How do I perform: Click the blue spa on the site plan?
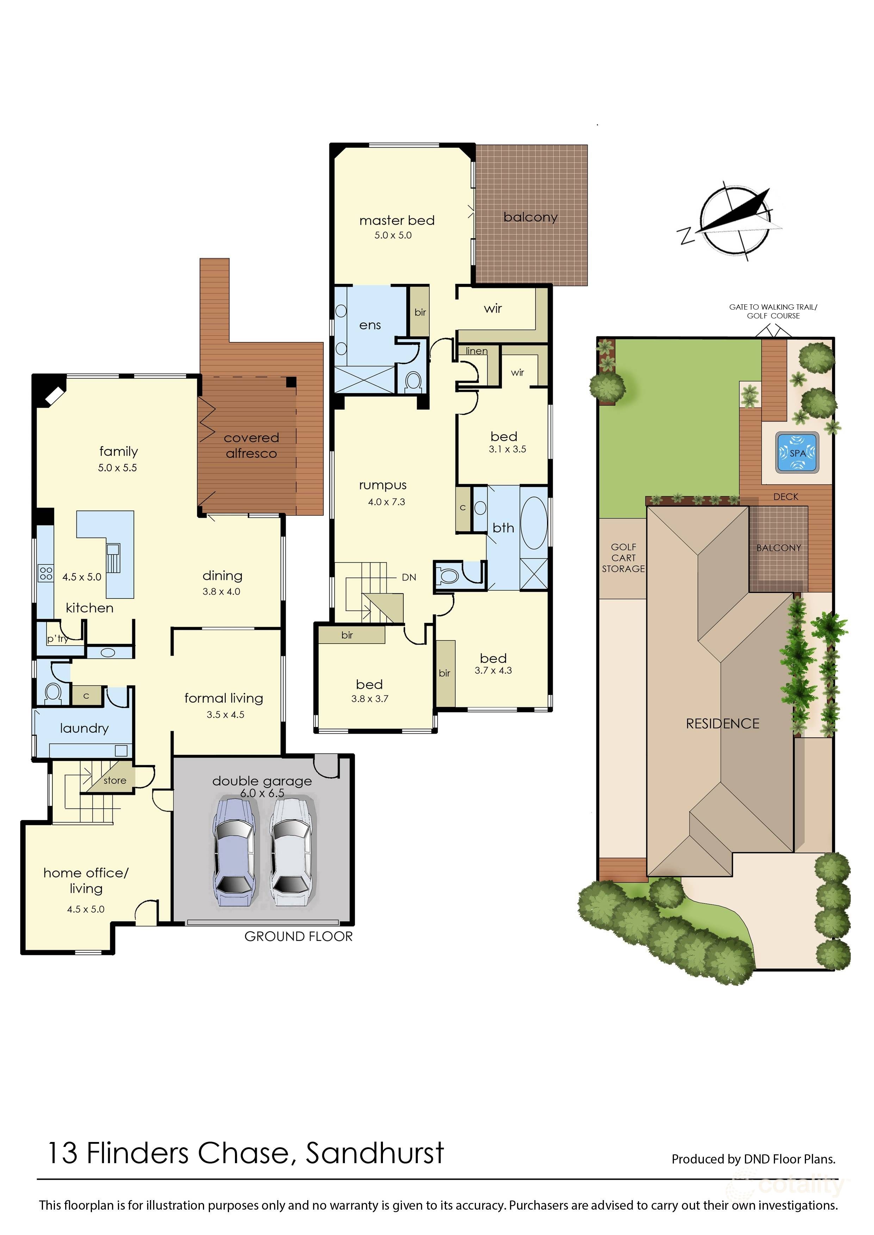tap(797, 453)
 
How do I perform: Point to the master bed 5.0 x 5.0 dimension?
tap(393, 235)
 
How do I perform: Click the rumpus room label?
tap(383, 485)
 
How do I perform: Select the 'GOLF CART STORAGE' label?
tap(623, 558)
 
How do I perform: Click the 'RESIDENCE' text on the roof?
tap(722, 724)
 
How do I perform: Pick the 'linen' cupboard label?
tap(476, 351)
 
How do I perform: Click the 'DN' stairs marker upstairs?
tap(409, 577)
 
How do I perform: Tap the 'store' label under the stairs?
tap(114, 780)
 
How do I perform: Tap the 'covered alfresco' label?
tap(251, 446)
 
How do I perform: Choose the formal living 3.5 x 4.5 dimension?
tap(225, 715)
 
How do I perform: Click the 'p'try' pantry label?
tap(57, 639)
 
